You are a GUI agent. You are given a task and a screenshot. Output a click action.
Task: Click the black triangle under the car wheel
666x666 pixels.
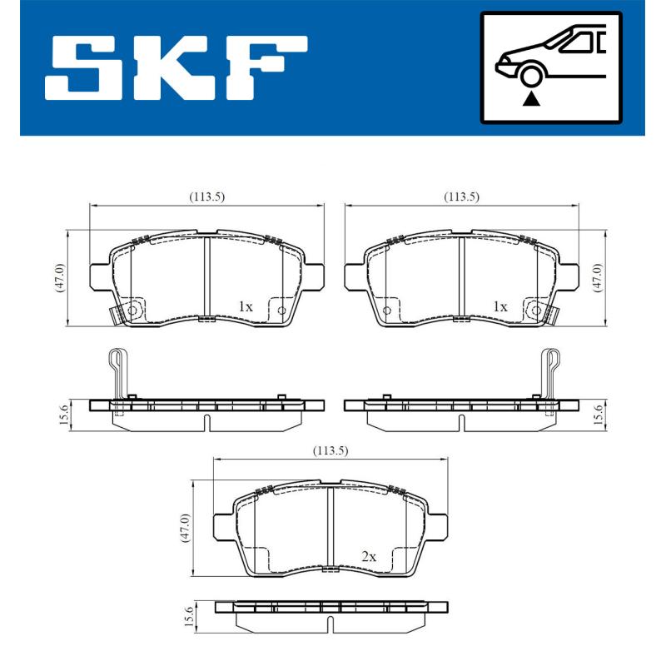[x=530, y=99]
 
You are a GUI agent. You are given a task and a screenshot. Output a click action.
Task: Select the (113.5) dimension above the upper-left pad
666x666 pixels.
[x=206, y=196]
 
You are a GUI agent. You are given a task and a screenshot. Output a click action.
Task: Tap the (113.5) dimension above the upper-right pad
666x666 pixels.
[x=461, y=196]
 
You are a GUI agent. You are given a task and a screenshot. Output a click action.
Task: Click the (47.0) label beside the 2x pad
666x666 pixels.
[x=186, y=528]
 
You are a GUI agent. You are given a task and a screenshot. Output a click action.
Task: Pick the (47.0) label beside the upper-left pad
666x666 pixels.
[x=59, y=277]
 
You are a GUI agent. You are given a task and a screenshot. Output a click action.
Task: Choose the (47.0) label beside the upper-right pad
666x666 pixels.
[x=595, y=277]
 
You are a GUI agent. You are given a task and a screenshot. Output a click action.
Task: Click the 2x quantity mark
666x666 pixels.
[x=369, y=555]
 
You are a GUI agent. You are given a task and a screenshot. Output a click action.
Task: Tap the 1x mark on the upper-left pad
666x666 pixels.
[x=244, y=306]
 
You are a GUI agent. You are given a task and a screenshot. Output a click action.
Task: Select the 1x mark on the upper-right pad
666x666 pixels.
[x=499, y=306]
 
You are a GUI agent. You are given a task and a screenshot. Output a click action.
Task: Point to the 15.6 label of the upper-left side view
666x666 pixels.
[x=61, y=414]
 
